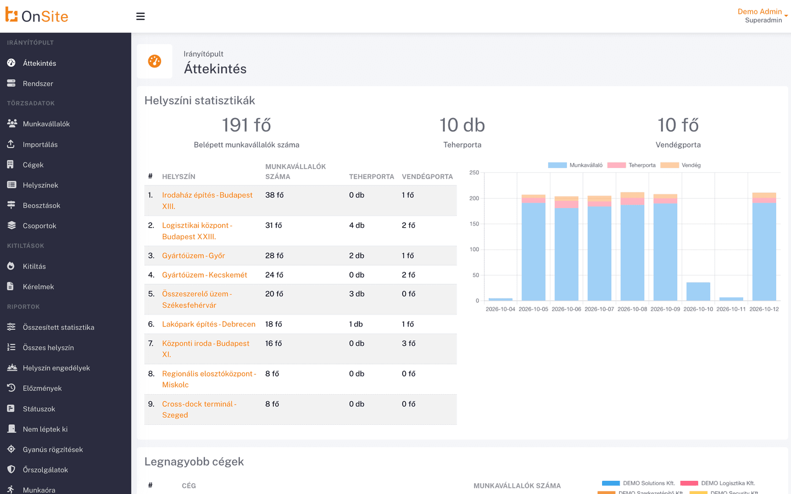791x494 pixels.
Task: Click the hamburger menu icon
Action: pos(141,16)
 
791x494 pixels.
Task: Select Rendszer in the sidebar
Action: pos(38,83)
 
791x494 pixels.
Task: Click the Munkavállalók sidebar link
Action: pos(46,124)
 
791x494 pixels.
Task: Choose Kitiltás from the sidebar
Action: pos(34,266)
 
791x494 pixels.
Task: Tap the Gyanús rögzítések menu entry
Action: pos(53,450)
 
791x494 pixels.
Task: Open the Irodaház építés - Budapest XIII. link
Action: pos(207,200)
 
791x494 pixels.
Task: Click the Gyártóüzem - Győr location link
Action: pos(193,255)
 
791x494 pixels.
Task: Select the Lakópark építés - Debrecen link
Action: pos(209,324)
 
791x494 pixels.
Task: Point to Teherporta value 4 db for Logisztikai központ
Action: pos(356,225)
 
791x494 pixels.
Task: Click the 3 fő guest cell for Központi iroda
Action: pos(409,344)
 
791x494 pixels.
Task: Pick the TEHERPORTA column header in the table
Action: pos(371,176)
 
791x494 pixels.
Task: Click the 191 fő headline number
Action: pos(247,125)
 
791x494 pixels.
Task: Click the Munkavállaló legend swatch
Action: pos(557,165)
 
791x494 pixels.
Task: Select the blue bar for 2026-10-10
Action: pos(698,291)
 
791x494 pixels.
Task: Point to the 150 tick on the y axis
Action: pos(474,224)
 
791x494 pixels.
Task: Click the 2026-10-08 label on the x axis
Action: pos(632,309)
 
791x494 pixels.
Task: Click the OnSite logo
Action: pos(37,15)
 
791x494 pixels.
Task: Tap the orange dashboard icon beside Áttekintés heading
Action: pos(154,61)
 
